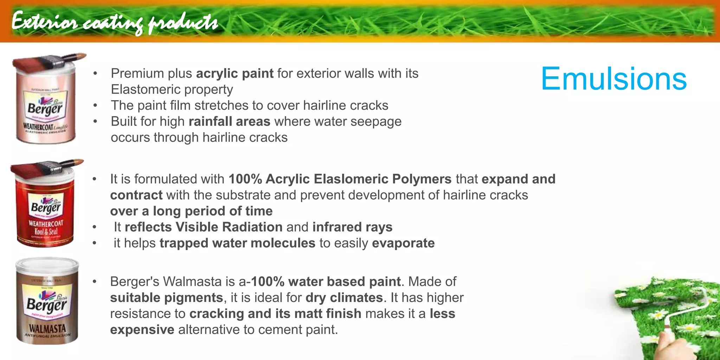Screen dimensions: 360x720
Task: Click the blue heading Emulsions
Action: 613,79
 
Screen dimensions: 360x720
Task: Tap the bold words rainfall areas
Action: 229,122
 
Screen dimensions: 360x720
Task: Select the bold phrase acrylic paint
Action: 234,73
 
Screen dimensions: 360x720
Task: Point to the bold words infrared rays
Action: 352,227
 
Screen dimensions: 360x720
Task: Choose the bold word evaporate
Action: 403,243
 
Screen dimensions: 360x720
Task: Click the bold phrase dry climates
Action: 344,298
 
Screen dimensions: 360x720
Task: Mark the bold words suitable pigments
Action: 166,298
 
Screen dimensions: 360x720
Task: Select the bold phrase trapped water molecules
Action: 237,243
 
